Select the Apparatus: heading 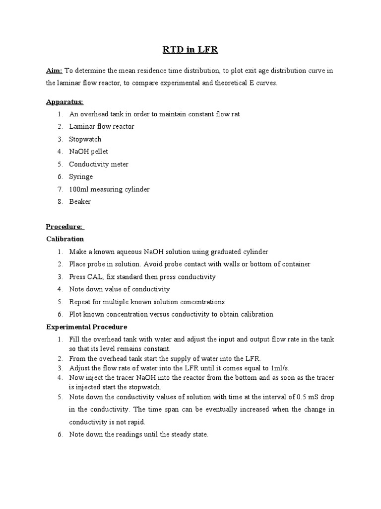(x=64, y=102)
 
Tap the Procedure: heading (x=65, y=227)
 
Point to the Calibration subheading (x=64, y=239)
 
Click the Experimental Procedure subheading (x=86, y=327)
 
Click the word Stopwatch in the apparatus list (x=85, y=139)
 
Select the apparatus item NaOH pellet (x=88, y=152)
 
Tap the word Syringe (x=81, y=176)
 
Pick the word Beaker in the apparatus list (x=80, y=201)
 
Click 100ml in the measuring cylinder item (x=78, y=189)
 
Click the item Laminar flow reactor (x=101, y=127)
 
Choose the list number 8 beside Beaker (x=59, y=201)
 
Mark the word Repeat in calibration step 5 (x=80, y=302)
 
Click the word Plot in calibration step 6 (x=76, y=314)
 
